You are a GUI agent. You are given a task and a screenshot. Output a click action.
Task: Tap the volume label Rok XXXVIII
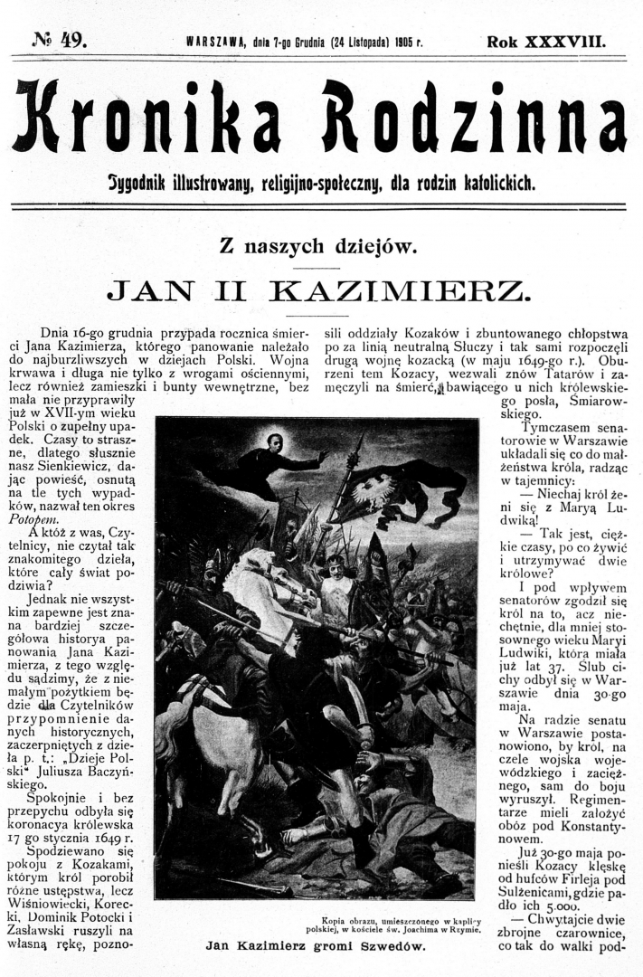coord(545,41)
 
